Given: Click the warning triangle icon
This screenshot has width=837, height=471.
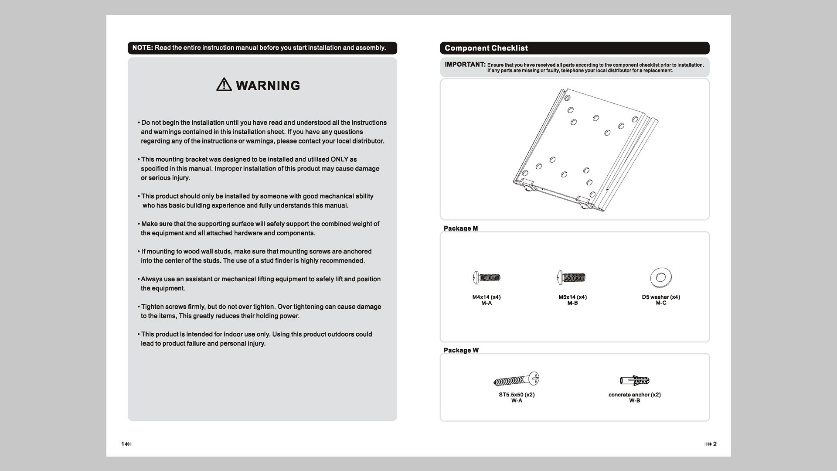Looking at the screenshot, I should coord(224,84).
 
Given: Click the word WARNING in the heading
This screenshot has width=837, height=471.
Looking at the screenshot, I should coord(268,85).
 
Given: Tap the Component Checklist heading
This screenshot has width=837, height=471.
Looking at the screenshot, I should coord(486,48).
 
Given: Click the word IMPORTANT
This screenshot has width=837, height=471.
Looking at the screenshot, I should coord(465,65).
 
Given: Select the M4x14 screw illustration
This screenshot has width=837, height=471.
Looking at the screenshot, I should coord(487,277).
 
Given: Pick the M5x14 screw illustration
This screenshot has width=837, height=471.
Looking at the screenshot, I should coord(572,277).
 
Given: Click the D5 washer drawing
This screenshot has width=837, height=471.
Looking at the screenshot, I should coord(661,277).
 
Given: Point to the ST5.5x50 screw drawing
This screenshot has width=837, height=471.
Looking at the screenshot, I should coord(517,379).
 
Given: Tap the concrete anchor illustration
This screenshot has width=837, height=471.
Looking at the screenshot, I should coord(635,380).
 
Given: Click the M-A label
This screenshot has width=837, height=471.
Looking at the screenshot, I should coord(487,303).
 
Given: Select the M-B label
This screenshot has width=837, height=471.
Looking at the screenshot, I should coord(572,303).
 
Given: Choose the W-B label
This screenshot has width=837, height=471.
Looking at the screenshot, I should coord(634,401).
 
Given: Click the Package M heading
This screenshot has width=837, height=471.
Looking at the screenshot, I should coord(461,229).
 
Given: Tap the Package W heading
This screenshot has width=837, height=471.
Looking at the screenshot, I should coord(461,350).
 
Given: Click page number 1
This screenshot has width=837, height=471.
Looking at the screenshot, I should coord(122,444).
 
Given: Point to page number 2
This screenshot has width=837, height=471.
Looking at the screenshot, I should coord(715,444).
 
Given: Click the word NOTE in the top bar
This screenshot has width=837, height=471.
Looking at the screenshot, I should coord(143,48).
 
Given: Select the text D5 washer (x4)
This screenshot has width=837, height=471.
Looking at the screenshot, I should coord(661,297).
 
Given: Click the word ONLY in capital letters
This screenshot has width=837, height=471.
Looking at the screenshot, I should coord(339,160).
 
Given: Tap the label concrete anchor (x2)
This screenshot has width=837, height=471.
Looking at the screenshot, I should coord(635,395).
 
